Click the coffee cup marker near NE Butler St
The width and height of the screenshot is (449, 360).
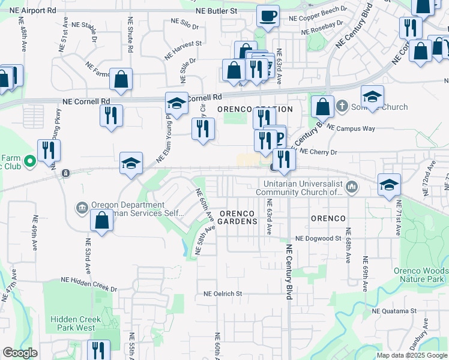[x=268, y=16]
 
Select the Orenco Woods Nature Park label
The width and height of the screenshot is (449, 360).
[x=419, y=275]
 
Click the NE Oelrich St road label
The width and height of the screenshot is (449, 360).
[x=222, y=294]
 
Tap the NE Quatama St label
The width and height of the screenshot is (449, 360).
[x=394, y=311]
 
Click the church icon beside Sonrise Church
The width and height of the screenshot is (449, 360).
[x=342, y=107]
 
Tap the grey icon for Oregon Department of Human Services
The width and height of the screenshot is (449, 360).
[x=82, y=208]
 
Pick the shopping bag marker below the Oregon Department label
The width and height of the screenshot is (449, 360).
[x=101, y=220]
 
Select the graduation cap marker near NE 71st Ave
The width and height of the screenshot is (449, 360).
[x=389, y=185]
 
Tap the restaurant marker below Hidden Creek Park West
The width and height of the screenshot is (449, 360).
[x=98, y=350]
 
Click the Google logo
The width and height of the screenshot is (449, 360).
[x=20, y=353]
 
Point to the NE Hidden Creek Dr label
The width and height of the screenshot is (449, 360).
[x=89, y=284]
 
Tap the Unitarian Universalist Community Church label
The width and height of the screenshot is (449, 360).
[x=299, y=188]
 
